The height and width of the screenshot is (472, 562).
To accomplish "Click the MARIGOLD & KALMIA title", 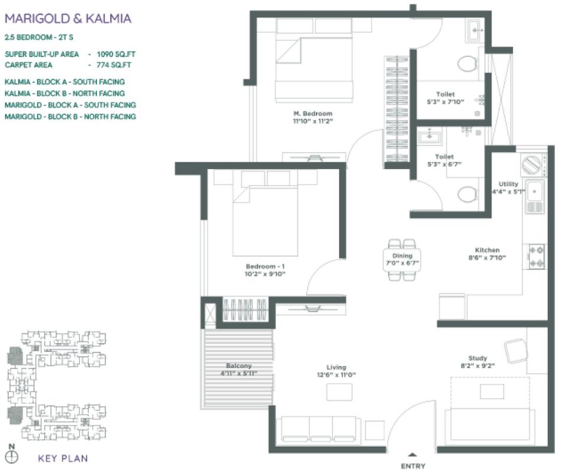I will coord(67,18).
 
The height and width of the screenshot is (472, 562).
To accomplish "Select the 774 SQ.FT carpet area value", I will coord(116,64).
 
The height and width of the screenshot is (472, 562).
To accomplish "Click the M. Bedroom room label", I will coord(312,114).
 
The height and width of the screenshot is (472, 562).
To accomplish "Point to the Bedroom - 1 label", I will coord(266,266).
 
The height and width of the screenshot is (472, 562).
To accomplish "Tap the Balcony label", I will coord(238,366).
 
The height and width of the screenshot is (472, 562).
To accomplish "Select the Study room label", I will coord(477,358).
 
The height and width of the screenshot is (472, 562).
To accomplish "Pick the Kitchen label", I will coord(487,250).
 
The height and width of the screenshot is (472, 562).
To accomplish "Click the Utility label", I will coord(508,184).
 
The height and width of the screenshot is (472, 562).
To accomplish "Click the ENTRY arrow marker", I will coord(413,455).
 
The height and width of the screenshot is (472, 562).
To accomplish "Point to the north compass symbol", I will coord(12,456).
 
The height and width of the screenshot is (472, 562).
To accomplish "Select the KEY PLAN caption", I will coord(63,457).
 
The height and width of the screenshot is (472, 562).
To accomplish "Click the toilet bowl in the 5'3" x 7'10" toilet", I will coord(468,63).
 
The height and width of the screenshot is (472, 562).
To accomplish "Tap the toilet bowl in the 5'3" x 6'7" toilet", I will coord(468,193).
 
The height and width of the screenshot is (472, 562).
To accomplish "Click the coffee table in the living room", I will coord(339,392).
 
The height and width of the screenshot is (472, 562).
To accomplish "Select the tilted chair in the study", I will coord(515,351).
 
